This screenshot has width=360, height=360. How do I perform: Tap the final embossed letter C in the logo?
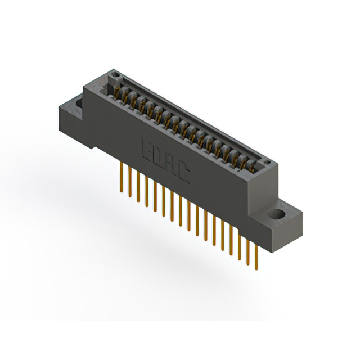tap(184, 174)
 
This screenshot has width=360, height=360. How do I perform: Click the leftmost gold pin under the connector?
tap(121, 178)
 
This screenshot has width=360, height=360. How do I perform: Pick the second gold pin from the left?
tap(129, 182)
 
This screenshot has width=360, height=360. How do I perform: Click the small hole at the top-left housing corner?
tap(115, 74)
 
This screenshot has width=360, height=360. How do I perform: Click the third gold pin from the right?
tap(239, 244)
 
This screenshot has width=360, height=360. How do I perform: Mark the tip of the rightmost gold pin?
tap(256, 268)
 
